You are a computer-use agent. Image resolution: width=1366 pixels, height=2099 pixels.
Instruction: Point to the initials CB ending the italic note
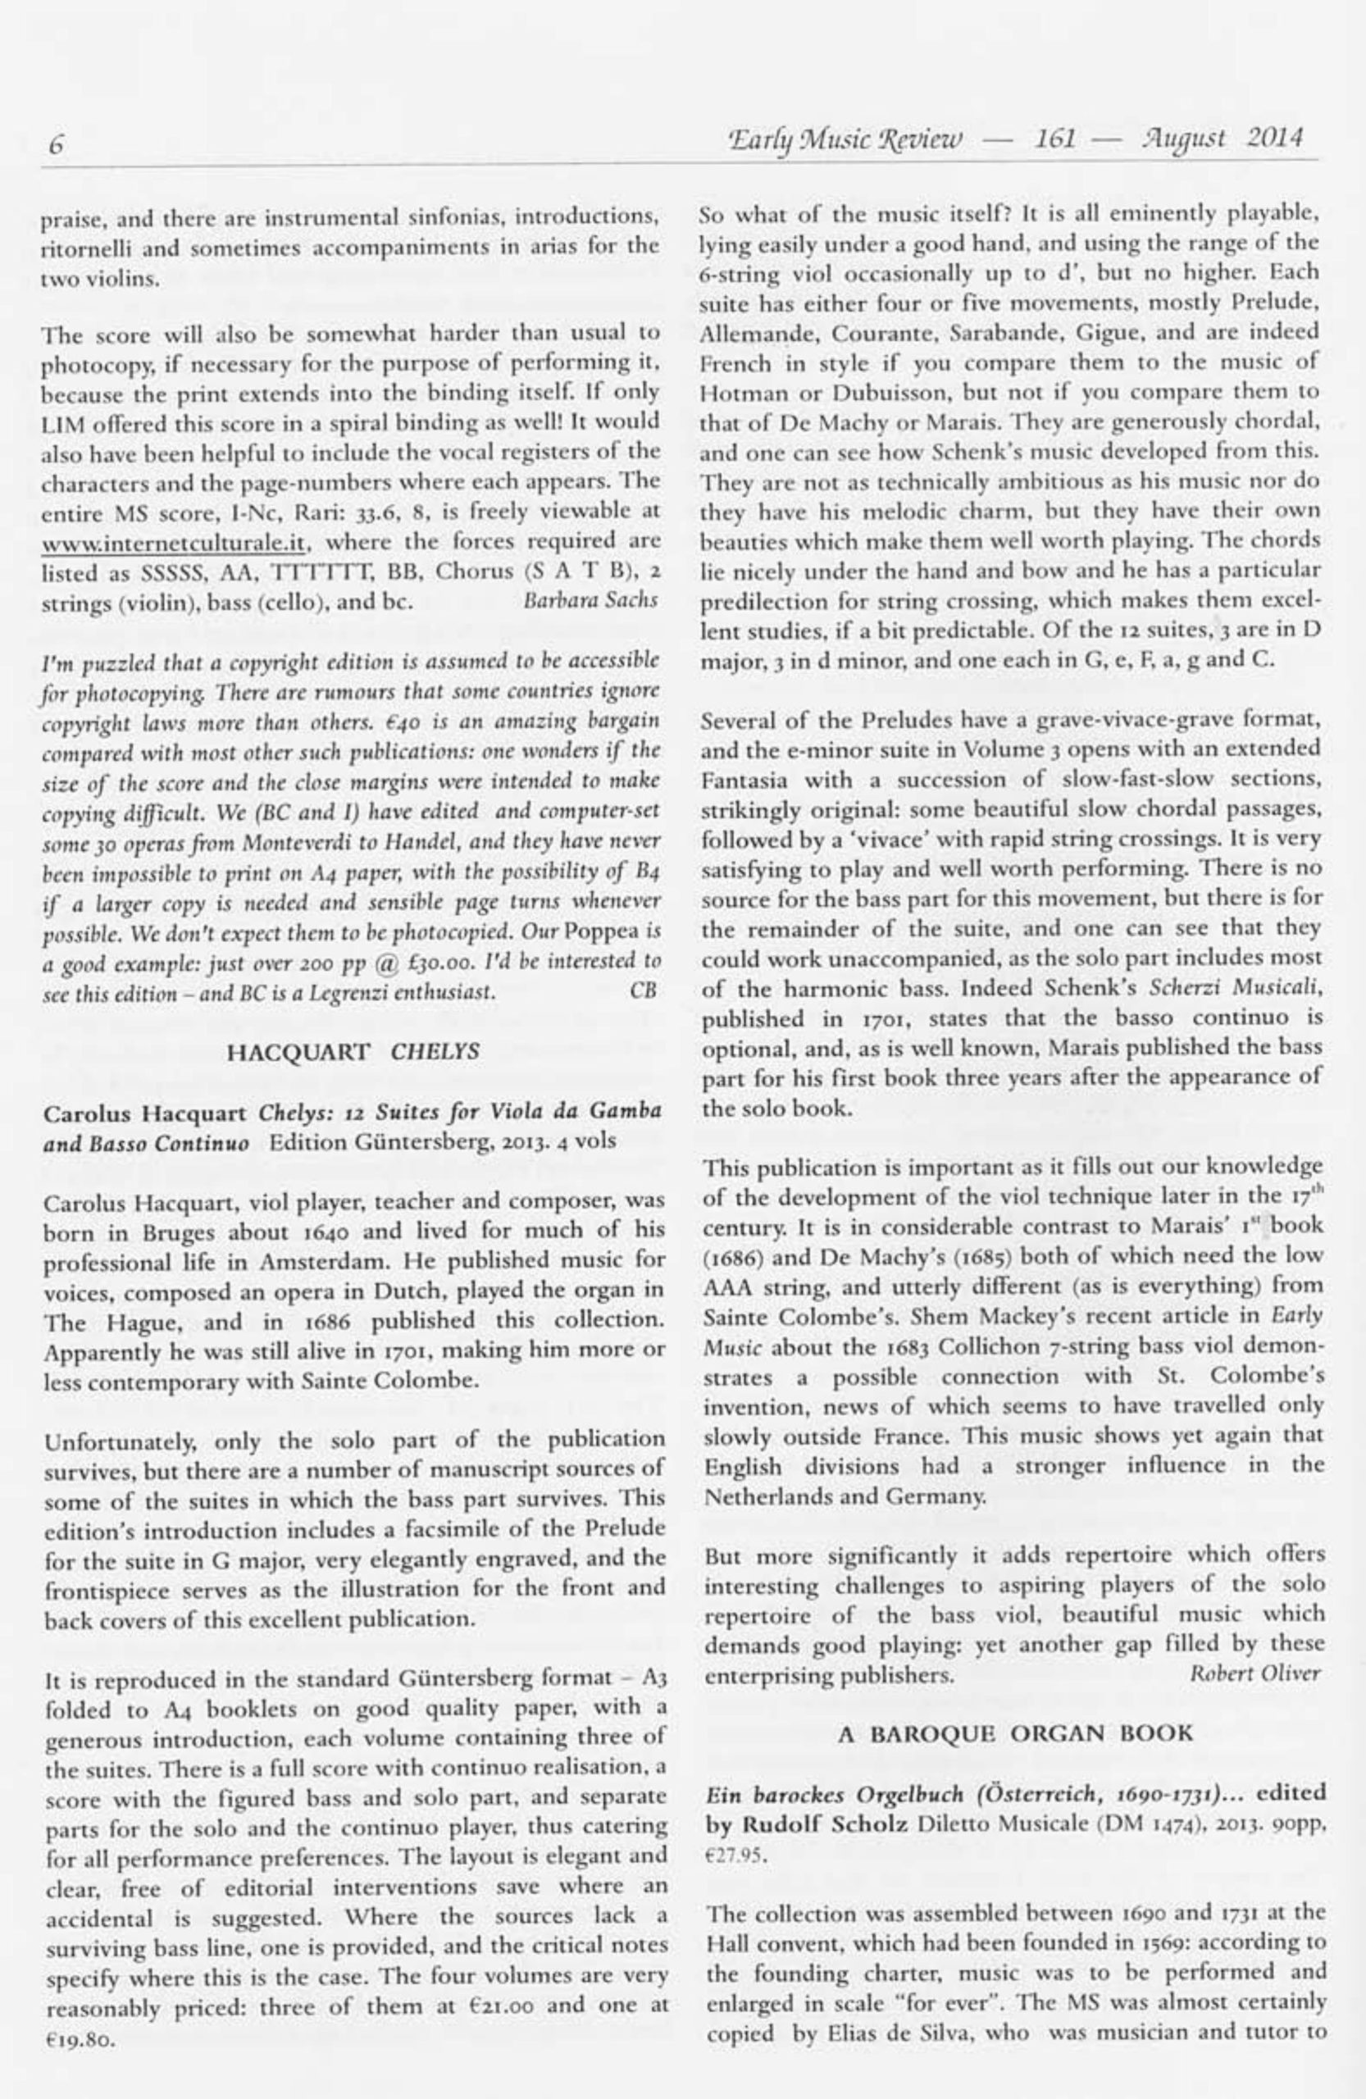point(644,990)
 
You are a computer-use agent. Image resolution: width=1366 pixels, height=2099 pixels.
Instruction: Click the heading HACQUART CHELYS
point(353,1051)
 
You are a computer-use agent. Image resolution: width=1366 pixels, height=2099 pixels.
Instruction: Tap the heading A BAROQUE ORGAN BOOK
point(1014,1733)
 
